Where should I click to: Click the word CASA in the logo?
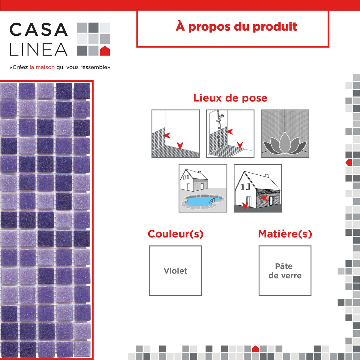click(38, 30)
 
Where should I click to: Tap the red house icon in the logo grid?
click(105, 51)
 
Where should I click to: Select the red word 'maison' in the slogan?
click(45, 67)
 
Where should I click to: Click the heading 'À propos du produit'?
click(236, 27)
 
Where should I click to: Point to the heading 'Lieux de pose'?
click(230, 98)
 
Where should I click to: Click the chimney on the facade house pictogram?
click(267, 175)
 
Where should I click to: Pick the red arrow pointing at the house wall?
click(264, 198)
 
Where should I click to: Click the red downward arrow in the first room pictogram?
click(180, 146)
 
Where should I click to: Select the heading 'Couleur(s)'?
click(175, 234)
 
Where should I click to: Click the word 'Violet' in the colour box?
click(175, 271)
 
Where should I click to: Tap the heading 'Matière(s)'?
click(285, 234)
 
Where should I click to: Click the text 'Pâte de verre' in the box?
click(285, 271)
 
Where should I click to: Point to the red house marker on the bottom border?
click(255, 349)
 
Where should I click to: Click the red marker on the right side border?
click(349, 163)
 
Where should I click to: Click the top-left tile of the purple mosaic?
click(9, 91)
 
